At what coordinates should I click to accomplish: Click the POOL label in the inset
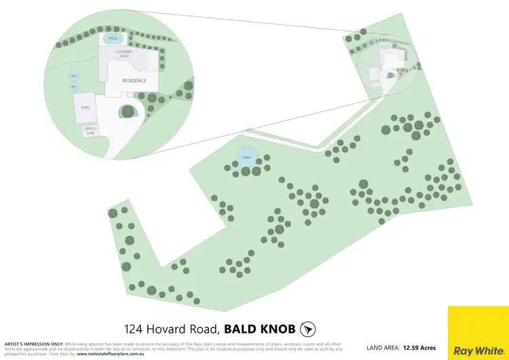(112, 39)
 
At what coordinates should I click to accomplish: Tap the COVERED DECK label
(124, 54)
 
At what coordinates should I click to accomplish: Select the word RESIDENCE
(134, 81)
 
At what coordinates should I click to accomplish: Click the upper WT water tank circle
(74, 76)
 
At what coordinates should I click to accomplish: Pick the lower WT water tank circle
(74, 87)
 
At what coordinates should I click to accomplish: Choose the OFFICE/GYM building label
(90, 130)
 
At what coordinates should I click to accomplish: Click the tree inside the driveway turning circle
(127, 111)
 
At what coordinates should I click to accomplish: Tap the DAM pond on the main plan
(246, 158)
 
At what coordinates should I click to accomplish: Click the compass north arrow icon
(308, 329)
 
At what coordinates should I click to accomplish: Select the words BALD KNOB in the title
(259, 329)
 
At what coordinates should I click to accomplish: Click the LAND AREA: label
(383, 348)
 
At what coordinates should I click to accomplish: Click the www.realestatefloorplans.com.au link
(117, 354)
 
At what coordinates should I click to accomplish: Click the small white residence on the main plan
(392, 62)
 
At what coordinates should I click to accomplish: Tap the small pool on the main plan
(385, 48)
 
